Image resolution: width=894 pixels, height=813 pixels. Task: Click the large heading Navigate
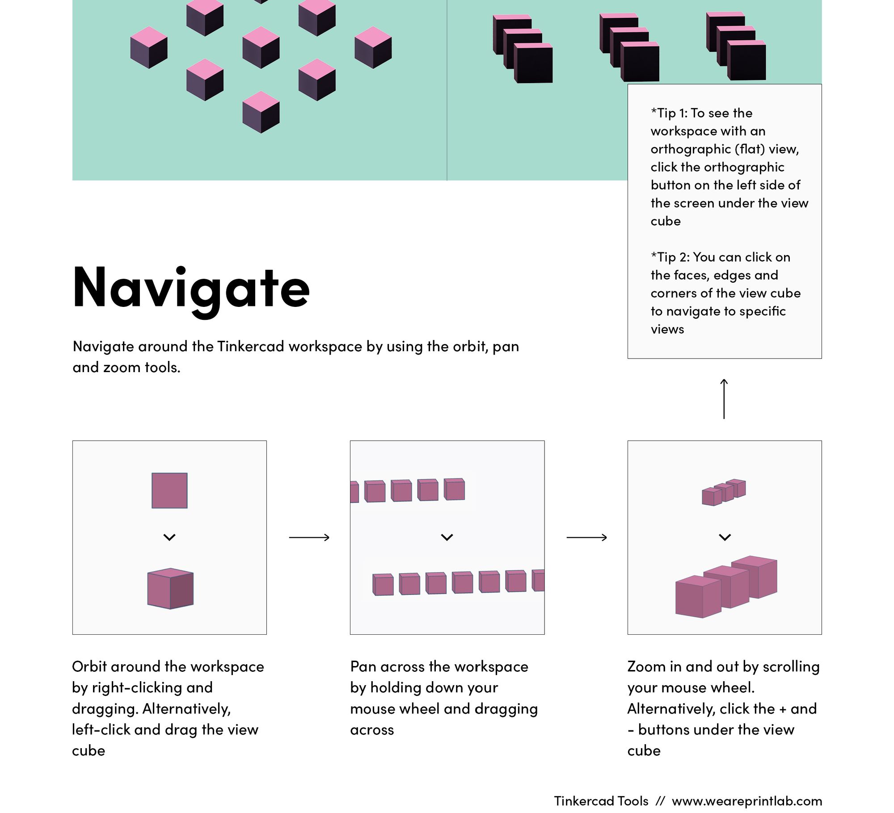(x=191, y=287)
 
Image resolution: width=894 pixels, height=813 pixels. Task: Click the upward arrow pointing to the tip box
(x=724, y=399)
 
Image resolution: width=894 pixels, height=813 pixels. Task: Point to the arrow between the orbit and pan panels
(x=309, y=537)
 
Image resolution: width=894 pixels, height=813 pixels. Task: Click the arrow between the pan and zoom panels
(x=586, y=537)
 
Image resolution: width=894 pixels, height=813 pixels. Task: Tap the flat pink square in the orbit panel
(x=169, y=490)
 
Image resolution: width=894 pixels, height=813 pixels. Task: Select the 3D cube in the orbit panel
(x=170, y=588)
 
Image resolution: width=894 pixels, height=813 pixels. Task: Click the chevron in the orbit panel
(x=169, y=537)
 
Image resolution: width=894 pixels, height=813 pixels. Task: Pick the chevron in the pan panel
(x=447, y=537)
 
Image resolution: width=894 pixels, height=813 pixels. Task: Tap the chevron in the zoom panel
(x=725, y=537)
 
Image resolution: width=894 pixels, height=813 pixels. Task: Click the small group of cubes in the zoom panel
(x=723, y=492)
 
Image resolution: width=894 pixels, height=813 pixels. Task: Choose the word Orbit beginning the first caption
(x=89, y=666)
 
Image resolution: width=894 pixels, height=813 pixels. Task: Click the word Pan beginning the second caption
(x=363, y=666)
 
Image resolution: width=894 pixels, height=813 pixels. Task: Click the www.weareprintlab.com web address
(x=746, y=801)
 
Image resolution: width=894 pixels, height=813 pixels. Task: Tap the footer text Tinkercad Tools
(x=601, y=801)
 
